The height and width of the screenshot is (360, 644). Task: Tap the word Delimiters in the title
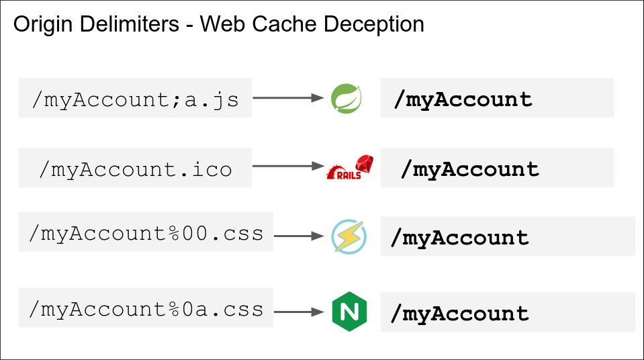pyautogui.click(x=130, y=24)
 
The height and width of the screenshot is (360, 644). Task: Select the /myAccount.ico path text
pyautogui.click(x=135, y=169)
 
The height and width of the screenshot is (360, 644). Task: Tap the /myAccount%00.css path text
pyautogui.click(x=146, y=234)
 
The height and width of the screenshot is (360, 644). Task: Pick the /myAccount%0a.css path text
pyautogui.click(x=146, y=309)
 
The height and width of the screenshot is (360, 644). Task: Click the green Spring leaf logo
pyautogui.click(x=347, y=98)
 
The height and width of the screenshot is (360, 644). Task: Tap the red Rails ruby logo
pyautogui.click(x=350, y=167)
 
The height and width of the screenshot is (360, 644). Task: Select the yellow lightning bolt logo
pyautogui.click(x=349, y=236)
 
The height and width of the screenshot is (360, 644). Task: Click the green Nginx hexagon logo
pyautogui.click(x=349, y=312)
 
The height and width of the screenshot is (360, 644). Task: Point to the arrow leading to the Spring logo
pyautogui.click(x=288, y=98)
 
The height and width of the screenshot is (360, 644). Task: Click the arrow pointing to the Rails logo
pyautogui.click(x=288, y=166)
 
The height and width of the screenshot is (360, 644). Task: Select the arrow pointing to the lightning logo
pyautogui.click(x=299, y=236)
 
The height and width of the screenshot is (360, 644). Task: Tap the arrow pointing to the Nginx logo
pyautogui.click(x=299, y=312)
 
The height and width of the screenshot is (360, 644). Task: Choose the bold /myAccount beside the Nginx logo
pyautogui.click(x=459, y=314)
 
